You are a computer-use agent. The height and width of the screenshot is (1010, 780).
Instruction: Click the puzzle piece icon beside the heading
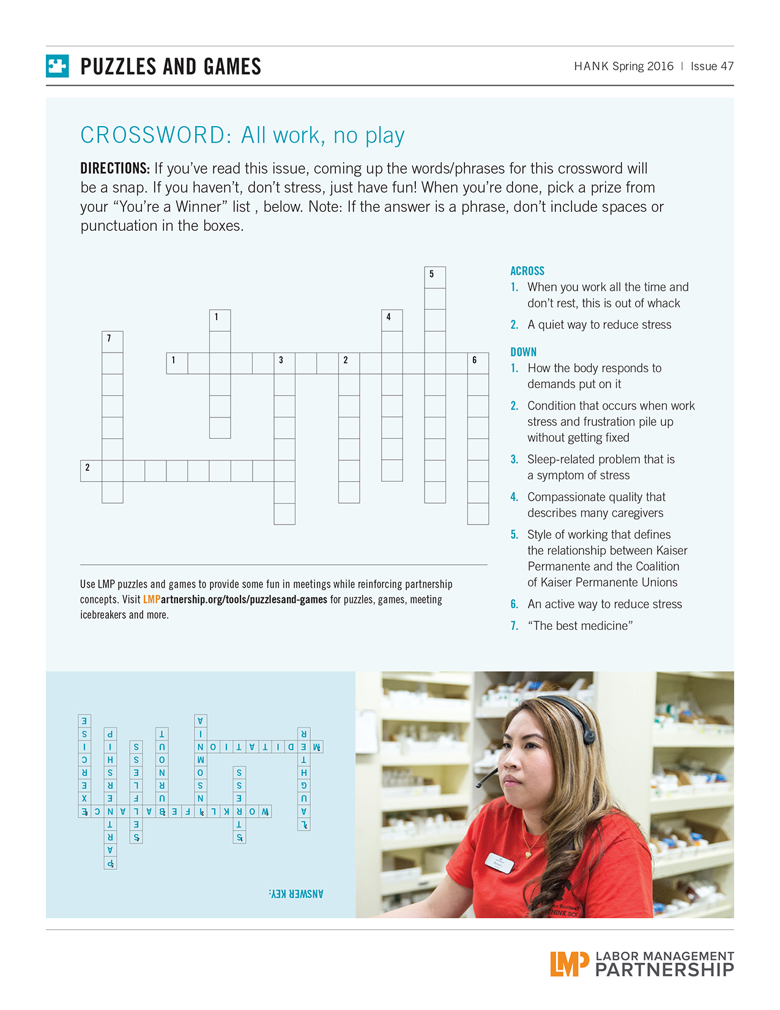click(x=57, y=66)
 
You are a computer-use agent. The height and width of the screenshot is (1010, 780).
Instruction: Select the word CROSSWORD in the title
click(x=155, y=135)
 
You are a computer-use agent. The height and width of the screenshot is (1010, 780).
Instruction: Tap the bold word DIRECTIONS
click(x=115, y=168)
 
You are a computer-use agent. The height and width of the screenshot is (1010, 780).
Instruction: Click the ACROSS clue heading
click(x=527, y=271)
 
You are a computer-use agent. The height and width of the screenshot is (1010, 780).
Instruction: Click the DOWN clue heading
click(x=523, y=352)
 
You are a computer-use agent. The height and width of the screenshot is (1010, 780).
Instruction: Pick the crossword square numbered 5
click(x=434, y=277)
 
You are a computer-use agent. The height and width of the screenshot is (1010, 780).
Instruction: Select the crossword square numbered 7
click(x=112, y=342)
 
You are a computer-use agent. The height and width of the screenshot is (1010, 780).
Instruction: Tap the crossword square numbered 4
click(x=392, y=320)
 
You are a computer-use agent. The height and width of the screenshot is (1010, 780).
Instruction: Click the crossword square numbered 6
click(x=478, y=363)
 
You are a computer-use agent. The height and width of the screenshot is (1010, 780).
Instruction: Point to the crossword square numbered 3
click(x=284, y=363)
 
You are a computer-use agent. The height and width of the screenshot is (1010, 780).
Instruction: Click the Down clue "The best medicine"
click(x=579, y=626)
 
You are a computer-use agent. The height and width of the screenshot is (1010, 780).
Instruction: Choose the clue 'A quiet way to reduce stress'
click(x=599, y=324)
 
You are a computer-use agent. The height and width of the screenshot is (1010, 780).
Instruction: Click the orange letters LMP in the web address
click(x=151, y=599)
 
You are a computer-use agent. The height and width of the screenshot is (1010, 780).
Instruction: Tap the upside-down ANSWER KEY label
click(x=296, y=894)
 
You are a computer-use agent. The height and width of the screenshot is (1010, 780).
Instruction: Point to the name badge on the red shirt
click(x=499, y=863)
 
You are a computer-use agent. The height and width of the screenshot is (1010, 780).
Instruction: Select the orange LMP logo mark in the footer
click(x=568, y=963)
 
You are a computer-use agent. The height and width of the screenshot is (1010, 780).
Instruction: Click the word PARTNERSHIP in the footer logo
click(x=664, y=970)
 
